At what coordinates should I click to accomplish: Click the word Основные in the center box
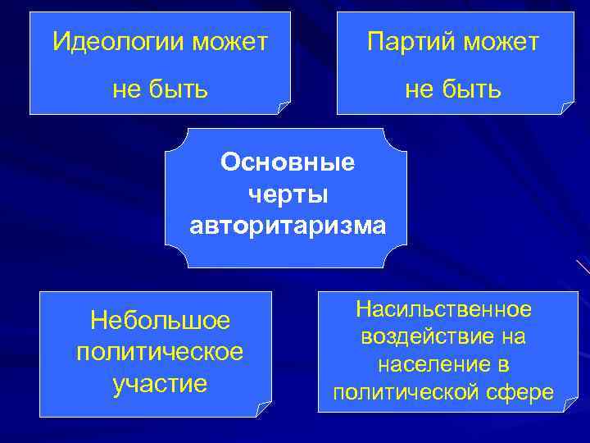287,162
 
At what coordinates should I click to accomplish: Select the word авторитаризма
287,224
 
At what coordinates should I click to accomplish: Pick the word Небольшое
160,319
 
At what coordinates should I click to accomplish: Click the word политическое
160,351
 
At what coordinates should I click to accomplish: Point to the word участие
160,382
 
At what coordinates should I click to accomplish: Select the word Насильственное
443,309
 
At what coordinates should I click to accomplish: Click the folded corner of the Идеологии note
283,107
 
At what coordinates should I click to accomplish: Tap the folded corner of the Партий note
566,107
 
